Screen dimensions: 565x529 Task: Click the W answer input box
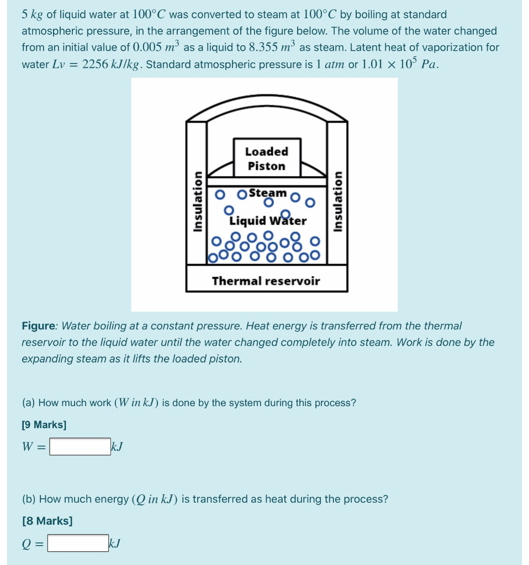(80, 446)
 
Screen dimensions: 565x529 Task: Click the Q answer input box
(78, 543)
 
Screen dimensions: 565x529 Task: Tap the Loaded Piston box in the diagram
(266, 158)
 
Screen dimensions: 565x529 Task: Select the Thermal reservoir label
(266, 281)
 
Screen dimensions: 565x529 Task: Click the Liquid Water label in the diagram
(268, 221)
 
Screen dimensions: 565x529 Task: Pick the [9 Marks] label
(44, 425)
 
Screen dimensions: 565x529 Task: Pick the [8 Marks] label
(47, 521)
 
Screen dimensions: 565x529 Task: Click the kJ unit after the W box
(117, 446)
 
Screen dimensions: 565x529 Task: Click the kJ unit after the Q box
(115, 543)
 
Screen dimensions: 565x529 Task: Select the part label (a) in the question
(29, 403)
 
